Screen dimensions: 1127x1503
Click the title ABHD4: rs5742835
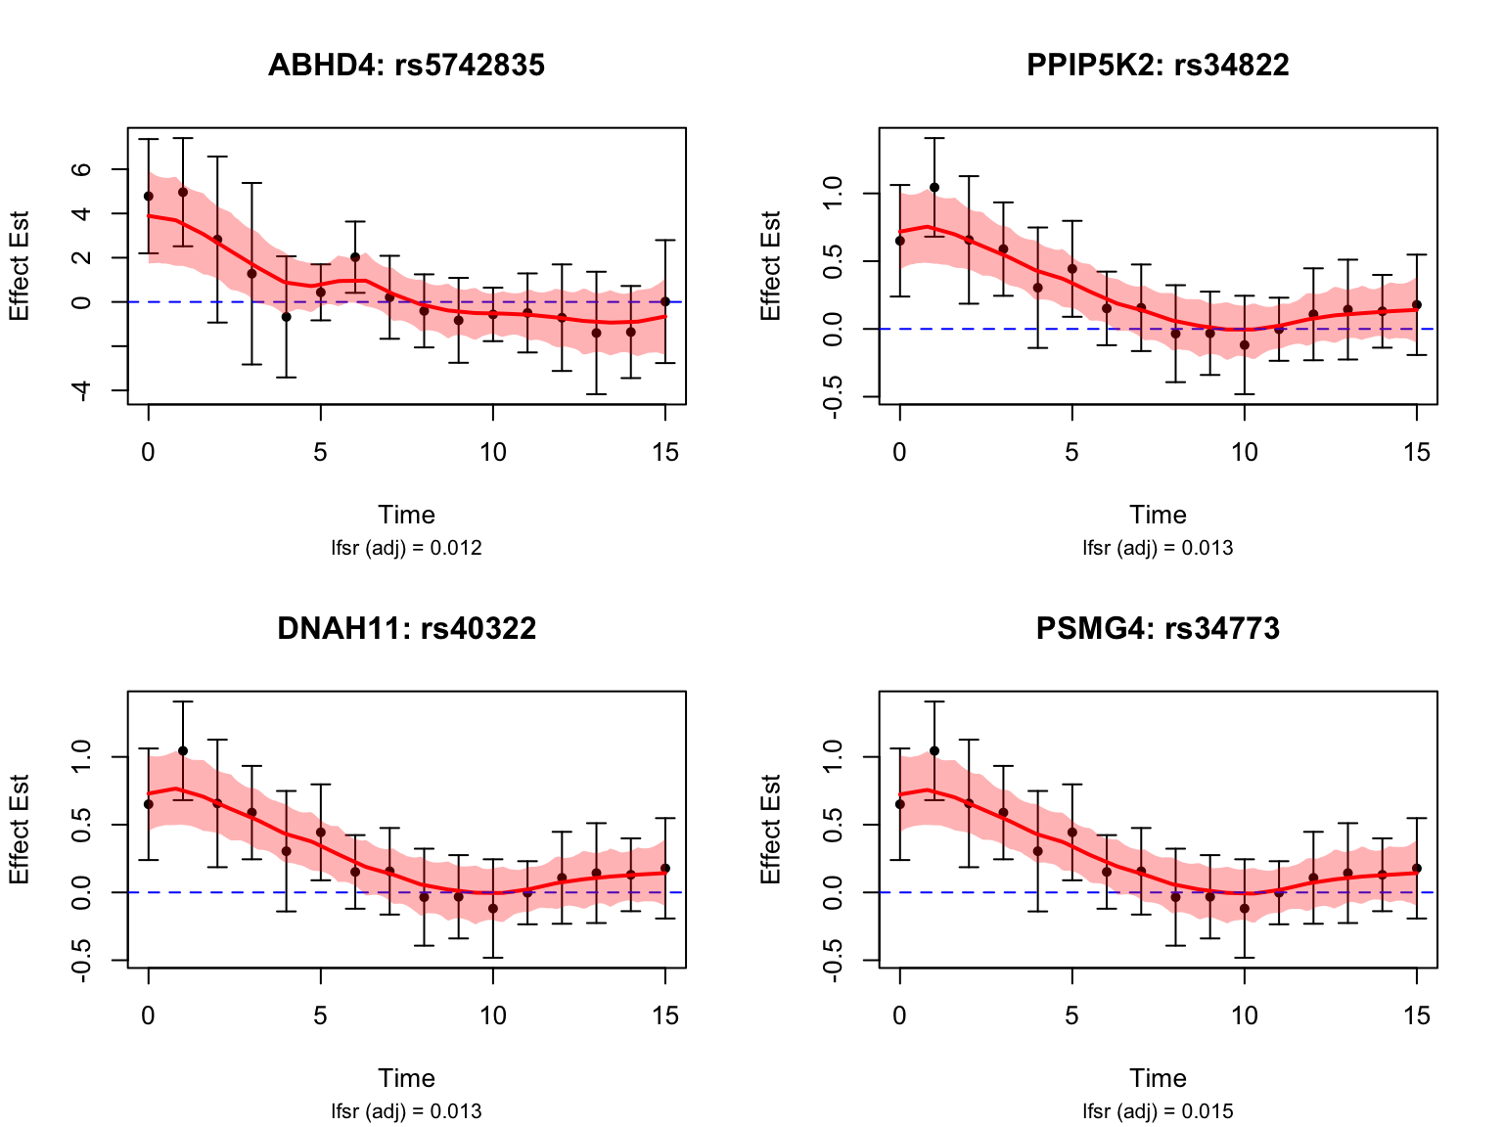point(406,65)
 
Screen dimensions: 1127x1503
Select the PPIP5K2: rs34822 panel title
point(1158,65)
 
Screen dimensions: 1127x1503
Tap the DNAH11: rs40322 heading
point(406,628)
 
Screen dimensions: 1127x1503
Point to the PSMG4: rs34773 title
point(1158,628)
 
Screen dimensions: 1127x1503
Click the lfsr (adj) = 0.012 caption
point(406,548)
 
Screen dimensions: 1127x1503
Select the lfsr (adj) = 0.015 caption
point(1158,1111)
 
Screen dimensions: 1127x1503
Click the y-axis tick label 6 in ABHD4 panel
point(82,169)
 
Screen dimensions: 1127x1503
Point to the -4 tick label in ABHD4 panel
point(82,390)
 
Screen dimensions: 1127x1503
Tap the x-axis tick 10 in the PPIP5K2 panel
point(1244,452)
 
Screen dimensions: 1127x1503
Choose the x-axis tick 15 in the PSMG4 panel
point(1416,1015)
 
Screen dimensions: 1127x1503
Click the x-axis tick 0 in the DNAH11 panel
point(148,1015)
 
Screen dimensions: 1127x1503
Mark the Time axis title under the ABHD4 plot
point(406,515)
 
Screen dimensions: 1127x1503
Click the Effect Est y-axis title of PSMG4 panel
point(772,830)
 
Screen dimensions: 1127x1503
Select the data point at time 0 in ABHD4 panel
point(149,196)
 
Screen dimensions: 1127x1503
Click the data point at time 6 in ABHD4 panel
point(355,257)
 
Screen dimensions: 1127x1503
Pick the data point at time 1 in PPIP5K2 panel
point(934,188)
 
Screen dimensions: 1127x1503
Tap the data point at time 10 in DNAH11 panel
point(493,909)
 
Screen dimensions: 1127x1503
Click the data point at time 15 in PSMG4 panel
point(1416,869)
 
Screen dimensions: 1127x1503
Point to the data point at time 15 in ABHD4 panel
point(665,301)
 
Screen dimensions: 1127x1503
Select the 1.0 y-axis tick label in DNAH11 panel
point(82,757)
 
